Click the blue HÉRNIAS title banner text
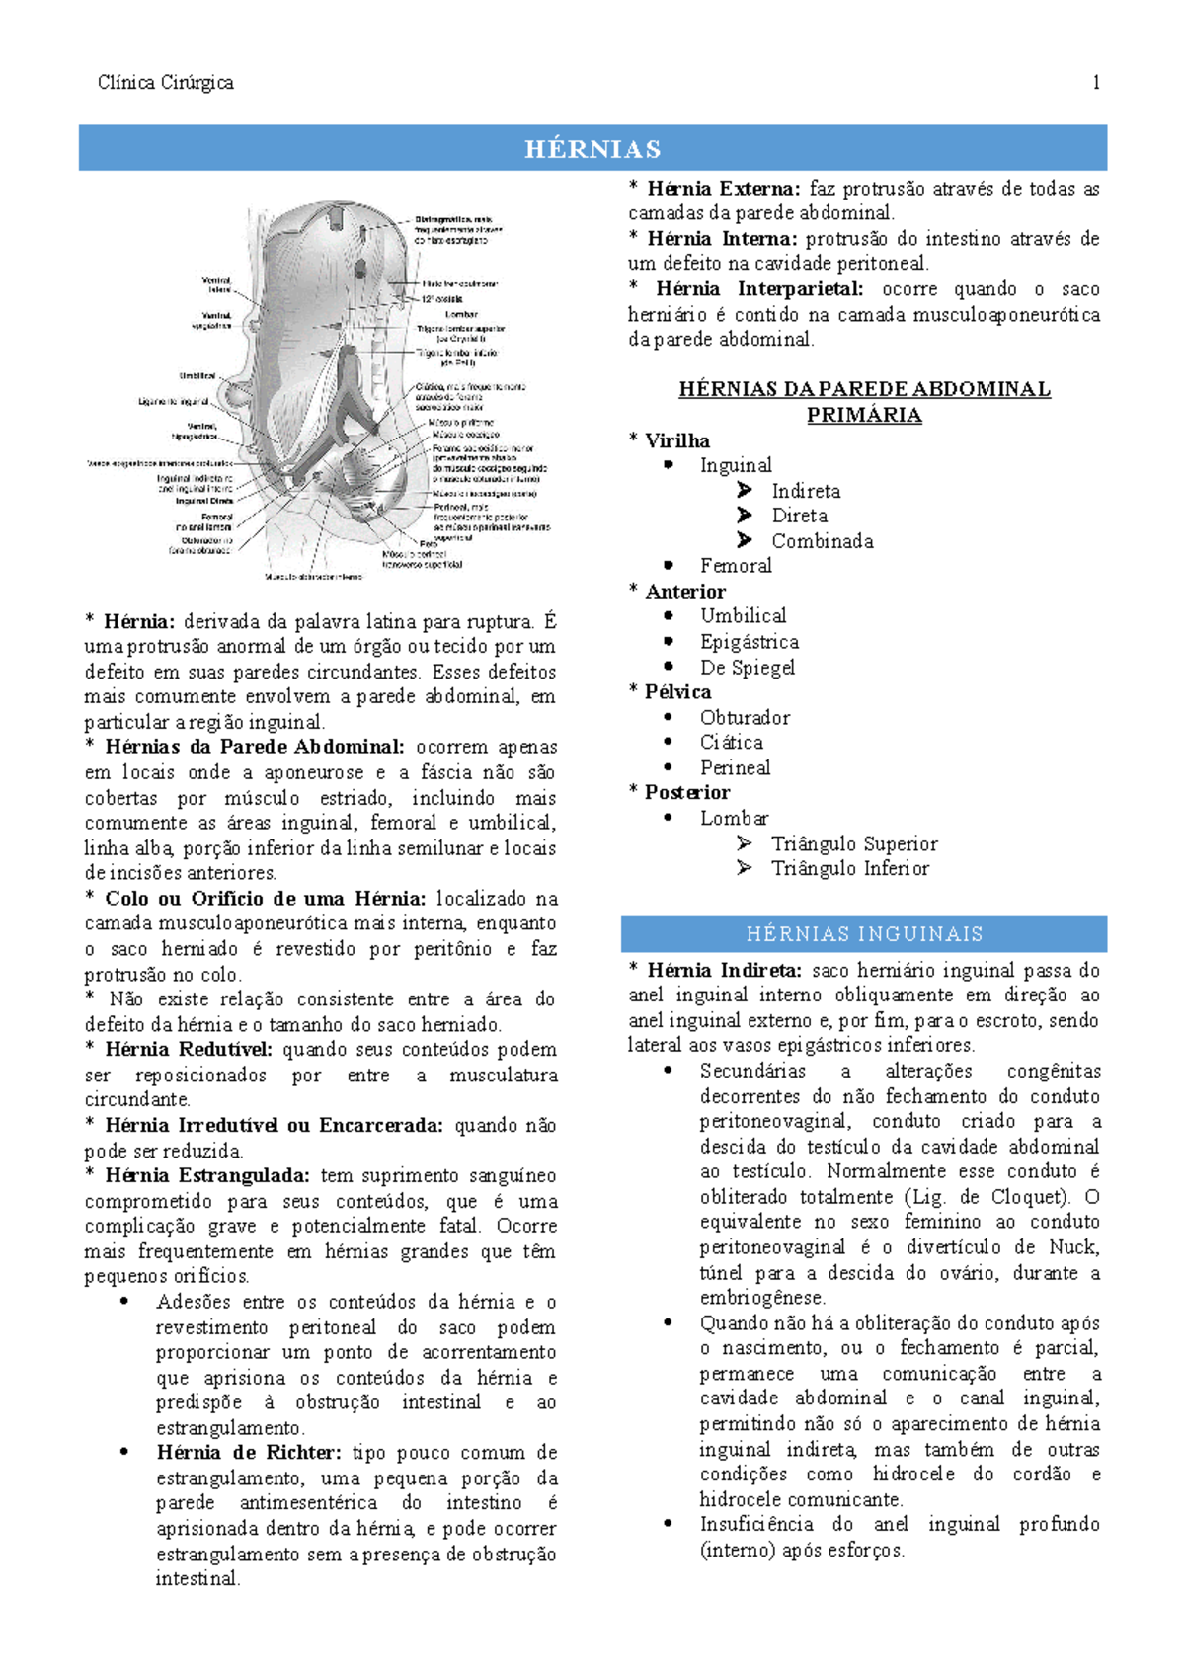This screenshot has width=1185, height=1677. click(592, 149)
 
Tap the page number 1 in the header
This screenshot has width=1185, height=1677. click(1096, 83)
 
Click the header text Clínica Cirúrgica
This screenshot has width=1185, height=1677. click(166, 83)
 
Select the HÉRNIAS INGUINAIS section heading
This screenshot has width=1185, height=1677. click(864, 934)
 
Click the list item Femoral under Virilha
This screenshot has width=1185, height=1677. click(736, 566)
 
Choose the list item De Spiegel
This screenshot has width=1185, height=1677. click(748, 668)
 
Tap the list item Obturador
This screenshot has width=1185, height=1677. click(745, 718)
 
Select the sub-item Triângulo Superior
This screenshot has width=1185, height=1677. click(854, 844)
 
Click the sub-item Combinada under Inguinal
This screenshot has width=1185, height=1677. click(823, 541)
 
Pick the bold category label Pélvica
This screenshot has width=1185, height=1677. click(677, 692)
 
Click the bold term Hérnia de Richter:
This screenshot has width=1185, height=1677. click(249, 1453)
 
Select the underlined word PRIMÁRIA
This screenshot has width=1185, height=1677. click(864, 416)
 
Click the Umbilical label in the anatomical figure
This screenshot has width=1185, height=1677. click(197, 376)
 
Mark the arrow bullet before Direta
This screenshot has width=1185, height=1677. click(745, 516)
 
